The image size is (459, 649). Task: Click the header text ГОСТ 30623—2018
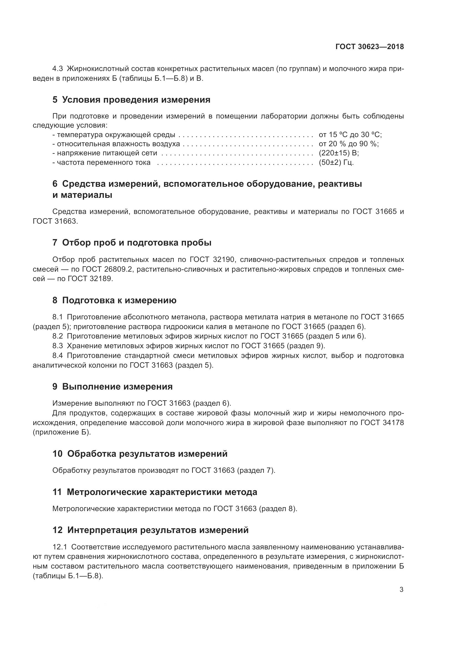[370, 47]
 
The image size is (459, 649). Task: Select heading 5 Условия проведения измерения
[132, 100]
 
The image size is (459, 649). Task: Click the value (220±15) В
[339, 153]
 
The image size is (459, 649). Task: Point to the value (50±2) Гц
[336, 163]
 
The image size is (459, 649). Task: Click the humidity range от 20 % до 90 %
[349, 144]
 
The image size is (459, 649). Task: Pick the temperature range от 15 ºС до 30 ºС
[350, 135]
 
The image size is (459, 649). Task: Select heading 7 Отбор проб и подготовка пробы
[132, 243]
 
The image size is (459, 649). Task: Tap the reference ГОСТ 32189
[90, 279]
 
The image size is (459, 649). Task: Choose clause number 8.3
[58, 346]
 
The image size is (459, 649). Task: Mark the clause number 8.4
[58, 355]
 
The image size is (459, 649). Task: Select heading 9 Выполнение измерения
[112, 387]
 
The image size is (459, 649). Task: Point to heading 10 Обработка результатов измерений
[140, 454]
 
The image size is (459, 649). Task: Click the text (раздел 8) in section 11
[278, 509]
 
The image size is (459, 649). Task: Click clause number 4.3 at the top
[58, 69]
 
